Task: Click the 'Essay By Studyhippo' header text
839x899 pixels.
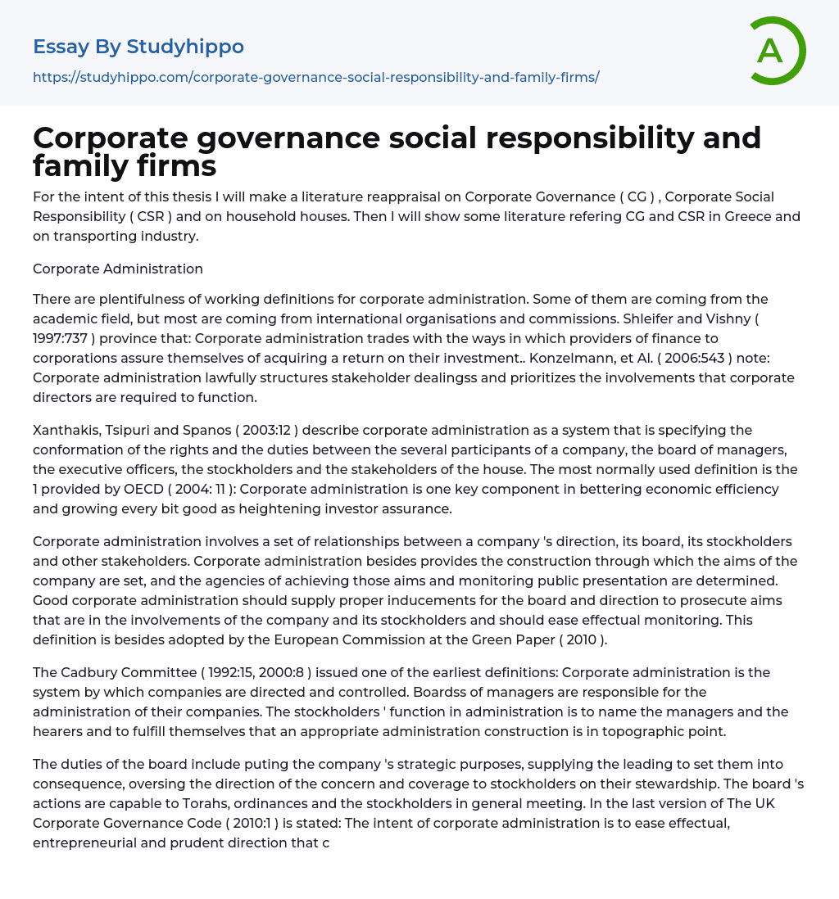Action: (138, 47)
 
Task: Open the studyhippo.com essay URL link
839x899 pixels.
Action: (316, 77)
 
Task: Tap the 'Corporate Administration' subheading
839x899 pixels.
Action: (118, 269)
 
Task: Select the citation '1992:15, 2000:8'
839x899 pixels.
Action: (245, 672)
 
